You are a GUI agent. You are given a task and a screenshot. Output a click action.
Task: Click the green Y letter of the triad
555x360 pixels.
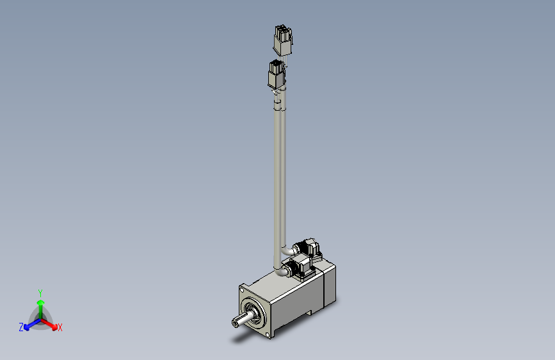[40, 291]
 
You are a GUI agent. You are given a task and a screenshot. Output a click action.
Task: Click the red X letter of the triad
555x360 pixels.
[60, 328]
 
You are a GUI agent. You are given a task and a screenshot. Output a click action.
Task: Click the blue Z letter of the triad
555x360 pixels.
[21, 327]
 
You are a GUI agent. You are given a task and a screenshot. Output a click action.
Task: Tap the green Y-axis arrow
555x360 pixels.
[40, 304]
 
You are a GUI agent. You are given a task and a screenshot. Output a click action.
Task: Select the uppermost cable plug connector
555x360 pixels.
[280, 40]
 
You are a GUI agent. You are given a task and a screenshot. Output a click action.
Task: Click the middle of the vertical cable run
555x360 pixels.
[280, 173]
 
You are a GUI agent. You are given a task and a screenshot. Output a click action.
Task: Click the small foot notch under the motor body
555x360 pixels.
[310, 313]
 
